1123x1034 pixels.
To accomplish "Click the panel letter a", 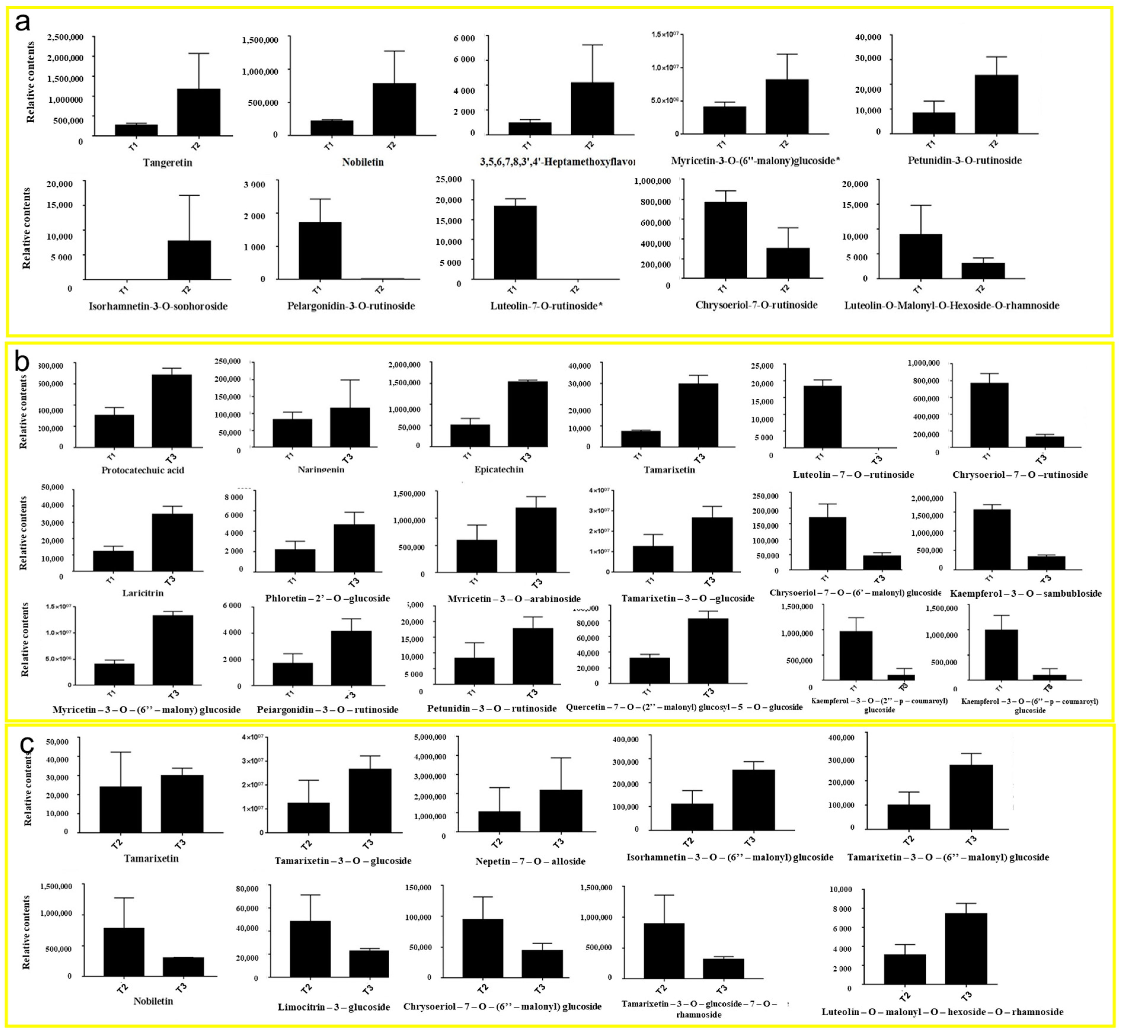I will click(23, 23).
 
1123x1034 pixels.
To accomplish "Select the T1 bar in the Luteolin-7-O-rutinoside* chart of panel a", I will click(515, 242).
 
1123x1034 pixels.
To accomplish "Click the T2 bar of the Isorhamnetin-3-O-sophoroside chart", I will click(189, 260).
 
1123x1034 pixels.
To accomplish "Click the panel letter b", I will click(21, 362).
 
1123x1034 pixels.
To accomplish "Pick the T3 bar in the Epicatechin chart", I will click(527, 414).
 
